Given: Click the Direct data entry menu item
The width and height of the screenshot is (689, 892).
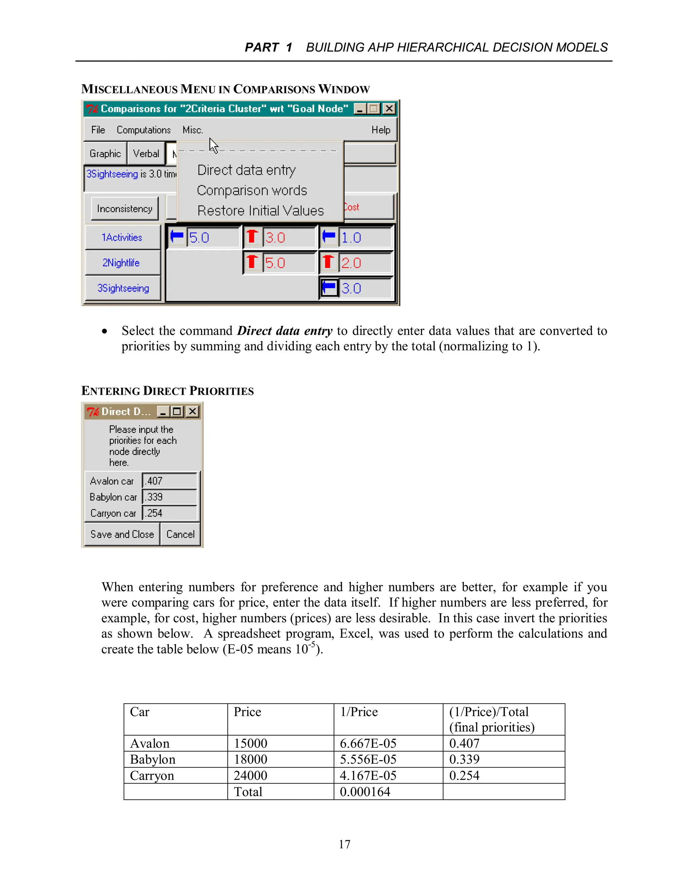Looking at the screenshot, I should coord(246,170).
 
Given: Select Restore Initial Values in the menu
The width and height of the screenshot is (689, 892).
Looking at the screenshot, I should coord(260,211).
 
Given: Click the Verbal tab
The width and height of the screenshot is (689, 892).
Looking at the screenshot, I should coord(146,153).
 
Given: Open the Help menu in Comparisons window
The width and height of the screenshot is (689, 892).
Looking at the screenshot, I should coord(380,130).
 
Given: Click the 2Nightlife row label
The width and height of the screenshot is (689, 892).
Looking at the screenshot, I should coord(121,263).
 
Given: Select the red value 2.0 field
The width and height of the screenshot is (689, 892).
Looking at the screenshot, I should coord(364,263).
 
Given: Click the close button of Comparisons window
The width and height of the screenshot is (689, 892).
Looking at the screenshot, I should coord(389,109).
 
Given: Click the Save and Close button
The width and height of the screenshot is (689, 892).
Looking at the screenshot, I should coord(122,534).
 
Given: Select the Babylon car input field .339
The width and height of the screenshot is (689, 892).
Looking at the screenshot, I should coord(170,497).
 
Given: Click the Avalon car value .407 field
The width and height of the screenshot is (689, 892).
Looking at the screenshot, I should coord(170,481).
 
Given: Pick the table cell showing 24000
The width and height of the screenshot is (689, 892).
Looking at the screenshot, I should coord(250,775).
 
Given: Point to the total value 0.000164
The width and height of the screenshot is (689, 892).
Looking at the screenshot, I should coord(365,792).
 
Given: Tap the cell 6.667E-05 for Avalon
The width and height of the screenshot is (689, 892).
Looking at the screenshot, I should coord(368,743).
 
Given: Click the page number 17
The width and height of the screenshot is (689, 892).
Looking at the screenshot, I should coord(344,844).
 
